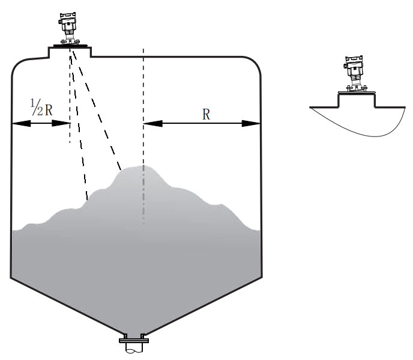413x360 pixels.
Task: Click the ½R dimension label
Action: (x=41, y=108)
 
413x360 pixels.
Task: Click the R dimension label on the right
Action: (x=206, y=115)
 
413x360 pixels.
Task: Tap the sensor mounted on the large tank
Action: (x=69, y=28)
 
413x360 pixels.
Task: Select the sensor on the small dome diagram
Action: (x=355, y=74)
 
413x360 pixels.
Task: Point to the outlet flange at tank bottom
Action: (x=134, y=341)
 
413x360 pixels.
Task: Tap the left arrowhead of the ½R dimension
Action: (x=21, y=123)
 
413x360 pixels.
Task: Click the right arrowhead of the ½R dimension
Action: (x=61, y=123)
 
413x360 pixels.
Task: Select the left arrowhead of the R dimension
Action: (x=152, y=123)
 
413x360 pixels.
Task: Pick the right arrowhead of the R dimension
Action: (x=251, y=123)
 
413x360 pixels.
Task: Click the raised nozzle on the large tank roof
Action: (x=70, y=52)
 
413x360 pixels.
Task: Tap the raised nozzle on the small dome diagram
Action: (x=357, y=100)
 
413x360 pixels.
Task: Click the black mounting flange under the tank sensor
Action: (x=70, y=46)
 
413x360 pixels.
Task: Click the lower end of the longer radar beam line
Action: (x=87, y=200)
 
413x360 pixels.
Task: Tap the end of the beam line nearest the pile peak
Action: (x=121, y=169)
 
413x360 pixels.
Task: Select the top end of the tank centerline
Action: (x=143, y=49)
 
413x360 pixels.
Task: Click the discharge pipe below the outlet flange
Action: (x=134, y=348)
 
